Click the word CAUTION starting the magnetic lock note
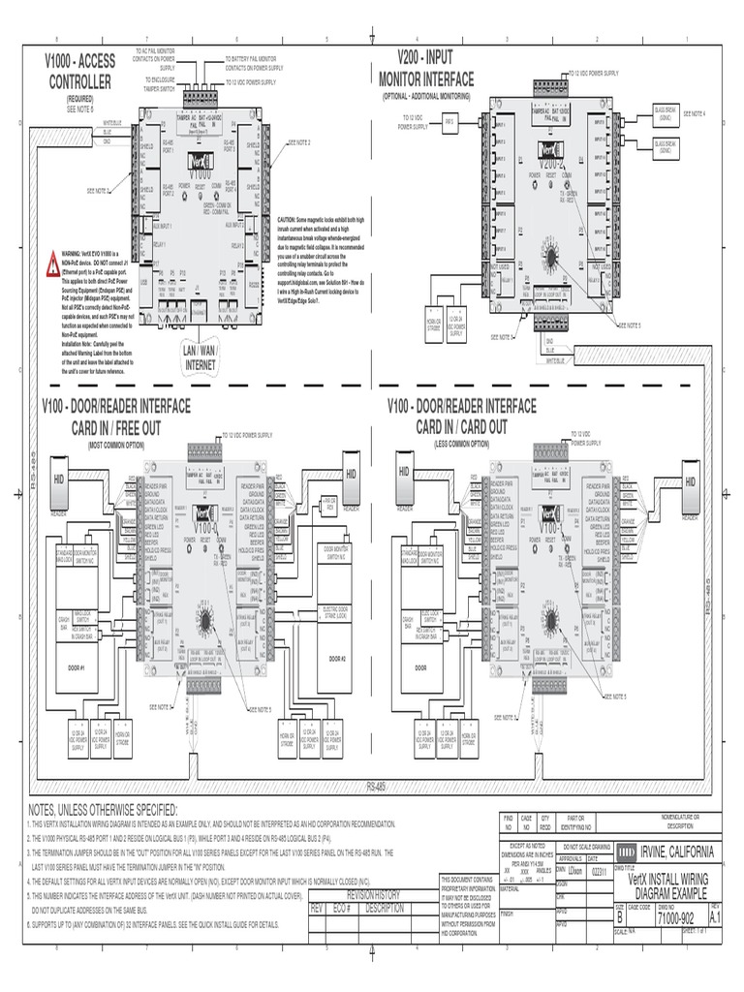click(292, 220)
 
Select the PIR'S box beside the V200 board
click(449, 122)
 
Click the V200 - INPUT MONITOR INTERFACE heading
click(425, 70)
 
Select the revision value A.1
click(716, 916)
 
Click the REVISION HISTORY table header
click(367, 896)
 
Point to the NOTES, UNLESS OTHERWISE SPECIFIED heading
click(104, 808)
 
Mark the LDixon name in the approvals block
click(573, 870)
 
